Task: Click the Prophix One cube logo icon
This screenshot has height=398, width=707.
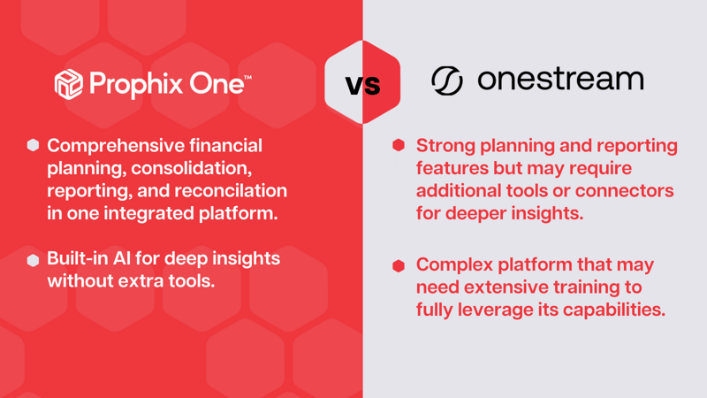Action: [68, 84]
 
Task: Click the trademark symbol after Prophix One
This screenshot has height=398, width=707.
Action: [247, 77]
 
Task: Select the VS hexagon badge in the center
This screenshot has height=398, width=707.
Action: [362, 83]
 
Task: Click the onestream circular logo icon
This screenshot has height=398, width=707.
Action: [447, 80]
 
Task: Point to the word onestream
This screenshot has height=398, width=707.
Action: [560, 80]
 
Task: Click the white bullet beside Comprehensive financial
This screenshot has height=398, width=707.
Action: [34, 145]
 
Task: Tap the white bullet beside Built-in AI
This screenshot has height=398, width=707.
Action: [34, 260]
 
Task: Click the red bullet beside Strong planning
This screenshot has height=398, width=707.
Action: [399, 145]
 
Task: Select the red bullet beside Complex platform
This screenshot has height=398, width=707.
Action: [399, 265]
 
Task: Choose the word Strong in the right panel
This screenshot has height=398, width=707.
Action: [448, 145]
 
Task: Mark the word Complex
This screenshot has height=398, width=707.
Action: [455, 264]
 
